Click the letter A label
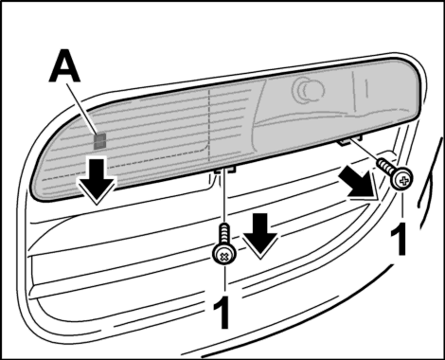tap(64, 66)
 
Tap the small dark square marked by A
tap(100, 141)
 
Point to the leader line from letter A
tap(83, 110)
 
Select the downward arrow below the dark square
tap(97, 181)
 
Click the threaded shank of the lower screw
tap(224, 234)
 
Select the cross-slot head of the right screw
tap(402, 180)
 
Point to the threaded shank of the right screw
tap(386, 166)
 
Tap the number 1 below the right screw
tap(400, 239)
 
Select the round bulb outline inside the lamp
tap(308, 89)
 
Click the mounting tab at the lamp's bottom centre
tap(225, 171)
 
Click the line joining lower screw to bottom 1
tap(224, 279)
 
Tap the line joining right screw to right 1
tap(401, 205)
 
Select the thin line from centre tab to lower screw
tap(224, 196)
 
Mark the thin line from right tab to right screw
tap(364, 151)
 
